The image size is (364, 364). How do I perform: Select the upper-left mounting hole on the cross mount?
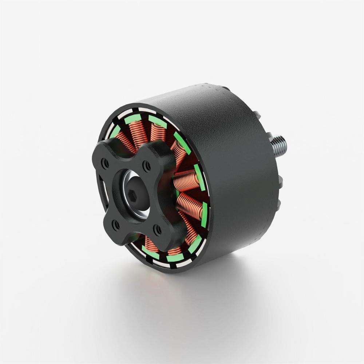click(x=105, y=163)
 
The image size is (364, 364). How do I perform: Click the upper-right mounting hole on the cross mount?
click(x=147, y=166)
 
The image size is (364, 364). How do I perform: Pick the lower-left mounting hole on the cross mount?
click(x=116, y=225)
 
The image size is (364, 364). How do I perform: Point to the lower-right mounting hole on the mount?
click(x=158, y=230)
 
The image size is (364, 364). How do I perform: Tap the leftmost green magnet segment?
click(x=115, y=132)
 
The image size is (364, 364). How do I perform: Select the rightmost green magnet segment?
click(x=205, y=215)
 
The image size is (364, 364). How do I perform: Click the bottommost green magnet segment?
click(x=175, y=258)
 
